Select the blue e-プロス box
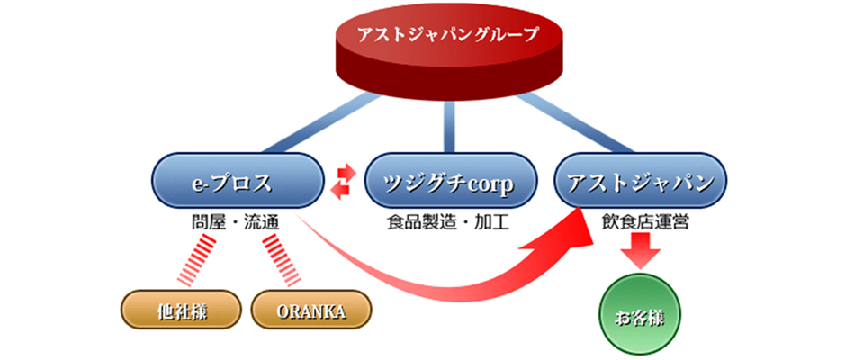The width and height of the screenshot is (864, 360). [x=237, y=182]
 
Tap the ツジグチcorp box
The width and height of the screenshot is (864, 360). [x=450, y=182]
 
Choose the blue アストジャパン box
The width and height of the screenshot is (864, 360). [x=640, y=182]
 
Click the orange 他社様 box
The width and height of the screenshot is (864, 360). [x=181, y=310]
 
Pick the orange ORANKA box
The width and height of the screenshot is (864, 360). [x=311, y=310]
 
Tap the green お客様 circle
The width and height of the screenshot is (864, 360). [x=640, y=315]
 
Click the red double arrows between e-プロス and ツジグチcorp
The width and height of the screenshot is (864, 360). [x=343, y=181]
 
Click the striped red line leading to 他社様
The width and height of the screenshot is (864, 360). [x=196, y=260]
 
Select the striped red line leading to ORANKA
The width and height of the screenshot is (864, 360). [x=282, y=260]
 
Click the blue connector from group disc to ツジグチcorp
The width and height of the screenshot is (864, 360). [x=449, y=126]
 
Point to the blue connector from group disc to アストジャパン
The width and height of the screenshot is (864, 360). [x=575, y=122]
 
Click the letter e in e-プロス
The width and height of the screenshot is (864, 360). [x=198, y=184]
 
